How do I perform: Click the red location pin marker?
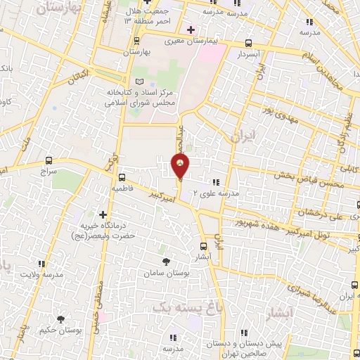(x=181, y=167)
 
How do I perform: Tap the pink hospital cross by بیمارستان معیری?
(x=191, y=30)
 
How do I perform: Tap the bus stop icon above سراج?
(x=48, y=160)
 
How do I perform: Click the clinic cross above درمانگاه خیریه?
(x=103, y=214)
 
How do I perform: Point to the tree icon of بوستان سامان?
(x=166, y=262)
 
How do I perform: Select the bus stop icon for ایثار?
(x=204, y=246)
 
